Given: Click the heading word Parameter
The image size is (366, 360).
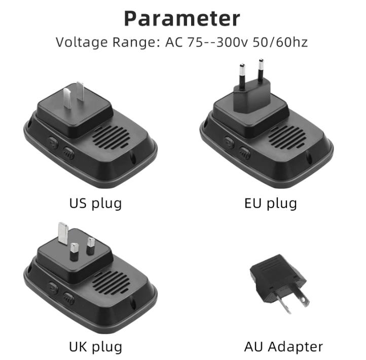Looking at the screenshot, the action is [x=182, y=19].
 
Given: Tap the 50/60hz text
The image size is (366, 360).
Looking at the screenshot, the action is [x=280, y=43].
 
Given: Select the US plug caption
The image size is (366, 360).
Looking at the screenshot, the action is [x=95, y=204].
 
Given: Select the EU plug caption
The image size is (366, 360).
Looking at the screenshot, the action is [x=271, y=204].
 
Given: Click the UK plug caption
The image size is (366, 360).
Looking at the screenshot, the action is [x=95, y=347].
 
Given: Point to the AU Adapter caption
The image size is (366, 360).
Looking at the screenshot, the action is [x=283, y=347].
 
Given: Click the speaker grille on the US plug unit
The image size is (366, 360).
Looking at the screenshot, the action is [x=111, y=138].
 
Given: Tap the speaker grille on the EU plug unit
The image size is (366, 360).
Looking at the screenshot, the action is [x=287, y=138].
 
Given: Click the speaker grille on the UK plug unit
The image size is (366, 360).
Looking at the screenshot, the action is [x=111, y=283].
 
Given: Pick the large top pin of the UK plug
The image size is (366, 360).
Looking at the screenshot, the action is [x=63, y=233].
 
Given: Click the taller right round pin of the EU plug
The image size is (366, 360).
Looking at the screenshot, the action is [x=261, y=70].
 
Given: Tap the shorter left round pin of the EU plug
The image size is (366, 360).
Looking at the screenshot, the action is [x=242, y=74].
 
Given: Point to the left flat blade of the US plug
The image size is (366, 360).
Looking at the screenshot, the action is [x=67, y=98].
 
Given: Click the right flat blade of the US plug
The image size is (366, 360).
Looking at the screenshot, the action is [x=80, y=92].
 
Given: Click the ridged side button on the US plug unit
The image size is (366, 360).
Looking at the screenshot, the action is [x=68, y=153].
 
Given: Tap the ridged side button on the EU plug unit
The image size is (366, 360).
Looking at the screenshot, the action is [x=245, y=153].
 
